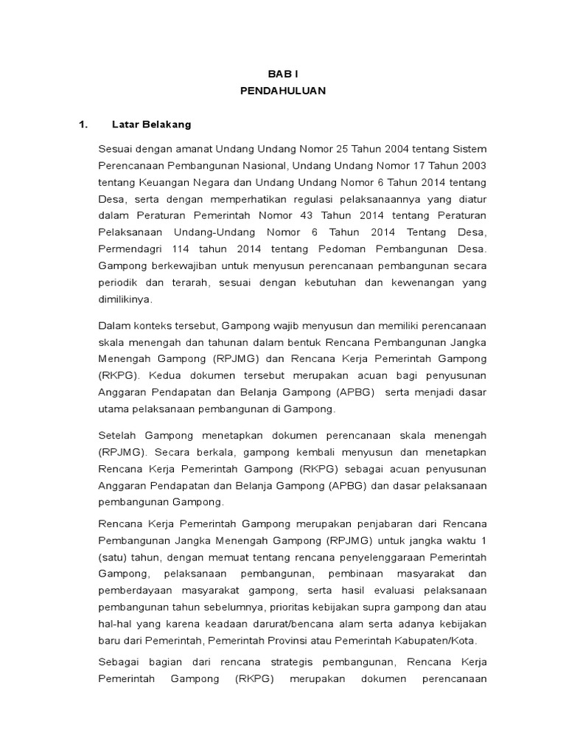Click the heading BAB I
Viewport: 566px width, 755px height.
(282, 74)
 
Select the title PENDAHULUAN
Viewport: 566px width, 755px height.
(282, 91)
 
